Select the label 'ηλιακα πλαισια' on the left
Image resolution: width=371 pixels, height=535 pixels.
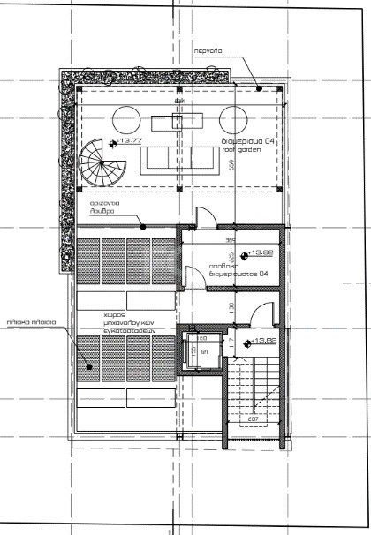point(31,323)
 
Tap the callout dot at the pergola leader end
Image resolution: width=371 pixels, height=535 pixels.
point(259,87)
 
